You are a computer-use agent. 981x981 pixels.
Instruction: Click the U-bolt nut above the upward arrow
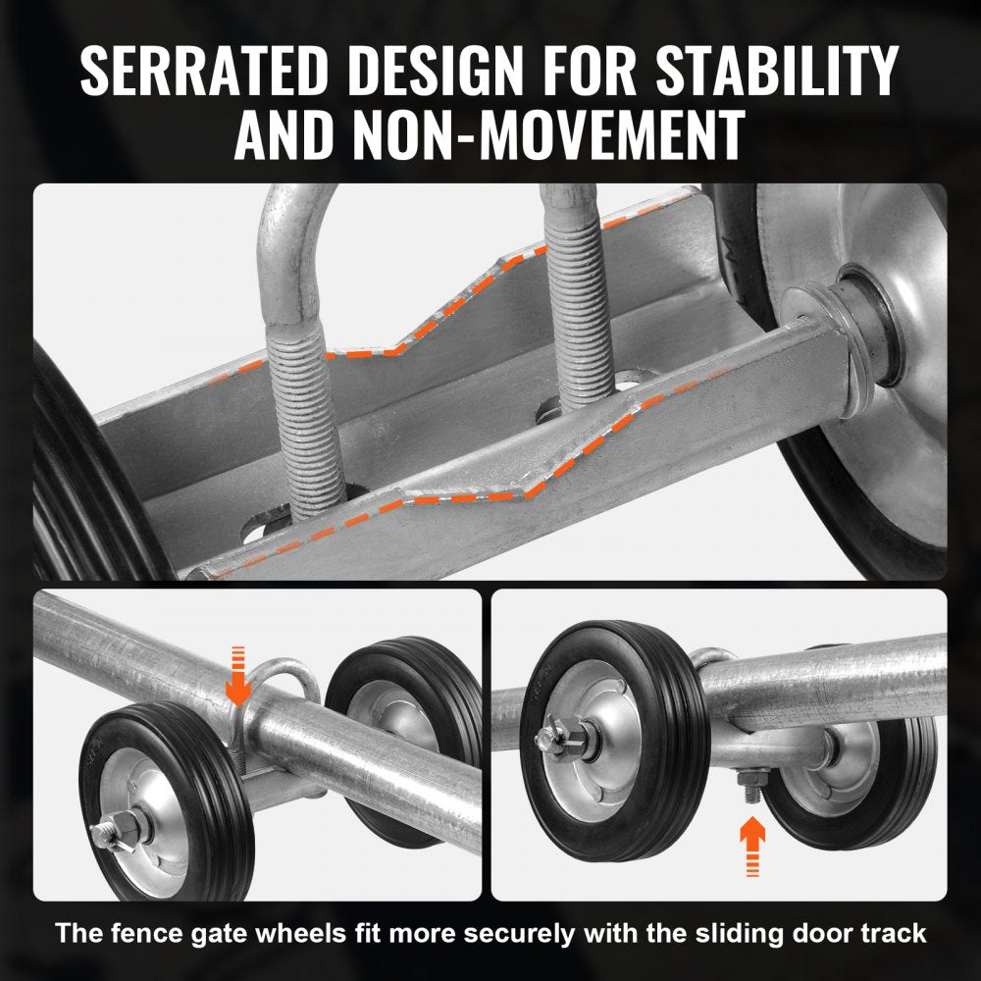(x=749, y=780)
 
